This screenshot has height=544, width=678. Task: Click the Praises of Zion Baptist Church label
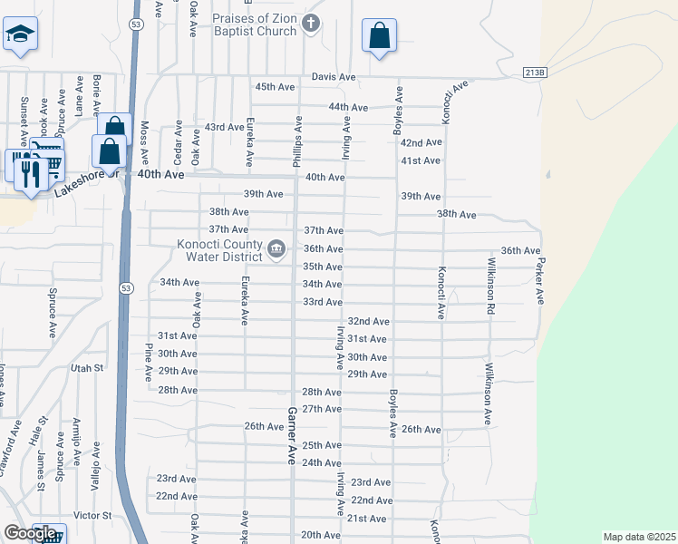pyautogui.click(x=255, y=24)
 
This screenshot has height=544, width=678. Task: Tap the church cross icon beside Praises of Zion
pyautogui.click(x=311, y=24)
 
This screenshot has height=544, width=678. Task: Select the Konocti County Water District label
pyautogui.click(x=210, y=249)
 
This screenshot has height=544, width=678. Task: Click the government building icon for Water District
pyautogui.click(x=276, y=248)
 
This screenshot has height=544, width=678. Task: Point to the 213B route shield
pyautogui.click(x=535, y=72)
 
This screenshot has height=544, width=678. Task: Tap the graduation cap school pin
pyautogui.click(x=19, y=34)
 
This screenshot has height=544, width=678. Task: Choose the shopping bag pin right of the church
pyautogui.click(x=379, y=36)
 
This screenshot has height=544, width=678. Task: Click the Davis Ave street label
pyautogui.click(x=334, y=77)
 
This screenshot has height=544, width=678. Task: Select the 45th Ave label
pyautogui.click(x=276, y=86)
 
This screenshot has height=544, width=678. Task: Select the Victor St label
pyautogui.click(x=92, y=515)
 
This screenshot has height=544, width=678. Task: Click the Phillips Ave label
pyautogui.click(x=296, y=141)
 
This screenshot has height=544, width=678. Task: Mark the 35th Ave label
pyautogui.click(x=322, y=267)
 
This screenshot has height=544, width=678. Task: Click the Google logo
pyautogui.click(x=30, y=534)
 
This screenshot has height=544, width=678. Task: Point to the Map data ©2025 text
pyautogui.click(x=639, y=537)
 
